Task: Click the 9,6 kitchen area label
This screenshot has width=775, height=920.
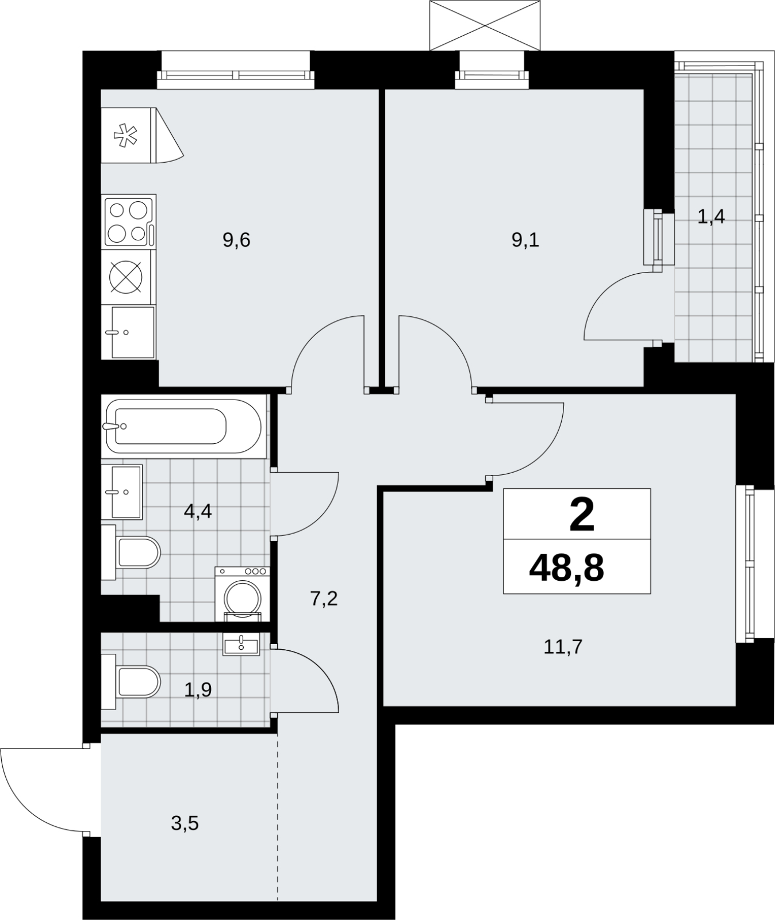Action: click(236, 240)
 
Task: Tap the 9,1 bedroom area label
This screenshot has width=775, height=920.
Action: click(525, 240)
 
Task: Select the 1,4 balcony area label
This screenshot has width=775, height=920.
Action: click(711, 217)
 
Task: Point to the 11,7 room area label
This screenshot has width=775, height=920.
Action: click(563, 647)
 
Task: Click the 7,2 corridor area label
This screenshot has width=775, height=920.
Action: click(324, 599)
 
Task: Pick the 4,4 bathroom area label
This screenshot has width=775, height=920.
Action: click(198, 511)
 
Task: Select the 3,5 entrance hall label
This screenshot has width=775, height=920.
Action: click(185, 824)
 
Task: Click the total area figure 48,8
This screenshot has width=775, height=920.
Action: click(566, 569)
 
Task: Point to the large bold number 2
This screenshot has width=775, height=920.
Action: click(581, 516)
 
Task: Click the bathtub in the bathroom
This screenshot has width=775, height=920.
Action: click(183, 427)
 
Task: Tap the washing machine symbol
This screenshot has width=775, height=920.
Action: click(242, 594)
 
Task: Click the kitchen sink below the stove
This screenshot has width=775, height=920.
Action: click(128, 332)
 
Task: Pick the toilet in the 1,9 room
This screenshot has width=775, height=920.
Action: click(131, 681)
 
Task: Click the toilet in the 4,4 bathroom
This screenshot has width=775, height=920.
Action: click(131, 553)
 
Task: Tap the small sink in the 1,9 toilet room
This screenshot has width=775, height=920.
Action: click(241, 643)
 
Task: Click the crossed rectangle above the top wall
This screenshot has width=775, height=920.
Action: click(485, 25)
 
